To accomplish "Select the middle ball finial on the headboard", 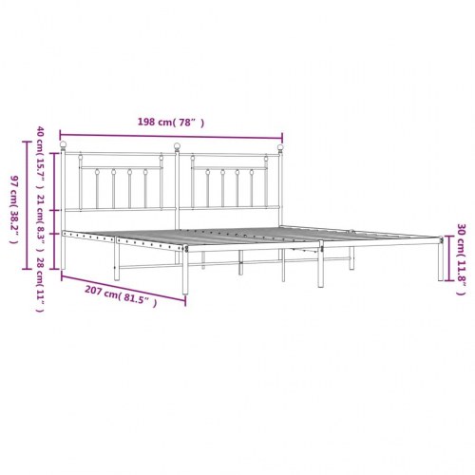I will (x=177, y=146).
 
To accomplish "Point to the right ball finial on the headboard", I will (x=281, y=146).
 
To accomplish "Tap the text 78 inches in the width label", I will (x=189, y=123).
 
